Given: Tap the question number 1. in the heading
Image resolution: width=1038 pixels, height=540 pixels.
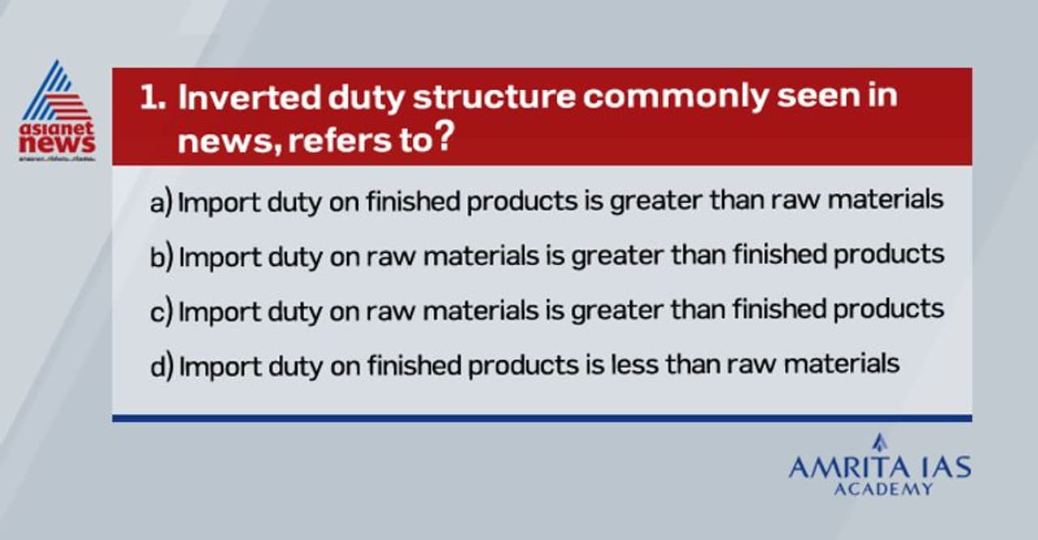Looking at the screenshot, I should point(152,98).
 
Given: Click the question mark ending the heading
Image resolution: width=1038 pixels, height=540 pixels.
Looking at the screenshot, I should point(443,139).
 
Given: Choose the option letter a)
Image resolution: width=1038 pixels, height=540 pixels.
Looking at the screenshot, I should point(161,202).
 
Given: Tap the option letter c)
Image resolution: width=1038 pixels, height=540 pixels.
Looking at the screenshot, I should point(161,312).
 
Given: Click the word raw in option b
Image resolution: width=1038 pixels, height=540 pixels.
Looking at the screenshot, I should point(392,256).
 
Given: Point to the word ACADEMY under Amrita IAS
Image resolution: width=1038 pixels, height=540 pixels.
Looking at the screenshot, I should point(883,489).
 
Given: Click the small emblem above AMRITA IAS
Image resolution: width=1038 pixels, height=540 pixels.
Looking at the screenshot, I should point(880,443).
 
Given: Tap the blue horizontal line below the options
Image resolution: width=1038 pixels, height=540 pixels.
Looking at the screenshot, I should point(542,418).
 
